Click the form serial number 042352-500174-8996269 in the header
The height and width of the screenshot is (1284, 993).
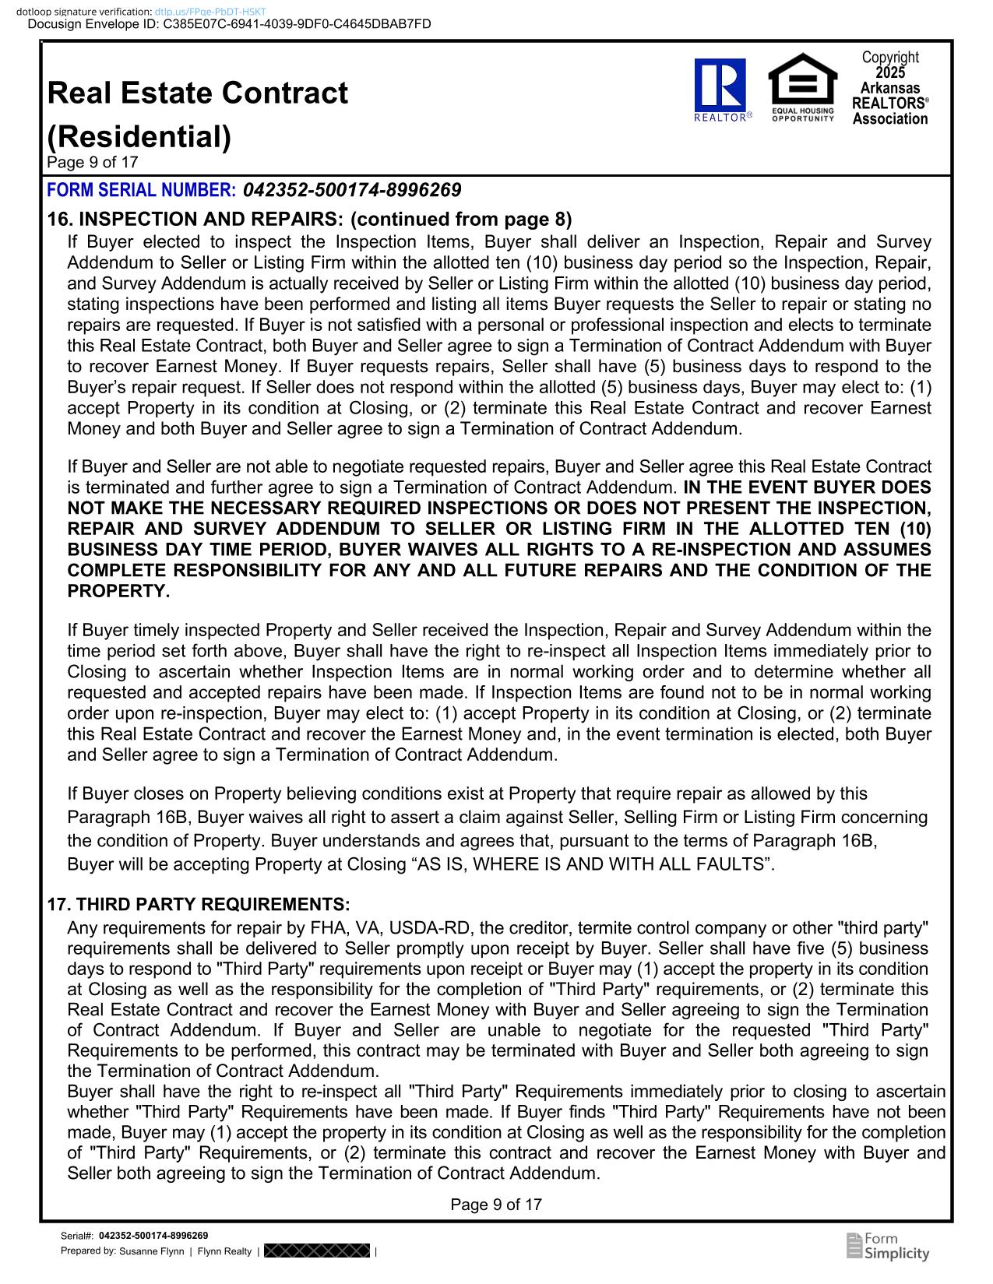point(352,190)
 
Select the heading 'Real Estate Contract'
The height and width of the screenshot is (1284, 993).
point(198,93)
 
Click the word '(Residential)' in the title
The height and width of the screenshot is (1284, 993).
point(139,137)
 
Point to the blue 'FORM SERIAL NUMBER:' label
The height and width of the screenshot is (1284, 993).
point(142,190)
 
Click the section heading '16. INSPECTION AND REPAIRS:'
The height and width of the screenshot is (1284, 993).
point(195,219)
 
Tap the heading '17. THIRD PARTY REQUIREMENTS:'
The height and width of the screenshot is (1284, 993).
point(199,904)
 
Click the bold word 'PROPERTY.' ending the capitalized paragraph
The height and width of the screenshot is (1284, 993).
point(118,591)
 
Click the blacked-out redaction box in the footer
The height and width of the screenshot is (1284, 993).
point(317,1251)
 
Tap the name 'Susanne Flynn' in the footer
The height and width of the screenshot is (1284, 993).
point(152,1251)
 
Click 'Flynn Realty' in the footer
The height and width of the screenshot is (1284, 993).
point(225,1251)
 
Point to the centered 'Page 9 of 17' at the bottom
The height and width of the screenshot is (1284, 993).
point(496,1205)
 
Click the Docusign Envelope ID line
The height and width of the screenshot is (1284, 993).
point(229,24)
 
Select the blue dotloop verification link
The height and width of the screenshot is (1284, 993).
point(210,12)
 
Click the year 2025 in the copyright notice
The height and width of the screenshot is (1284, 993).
point(890,72)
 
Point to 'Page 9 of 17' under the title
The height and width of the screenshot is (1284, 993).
point(93,162)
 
